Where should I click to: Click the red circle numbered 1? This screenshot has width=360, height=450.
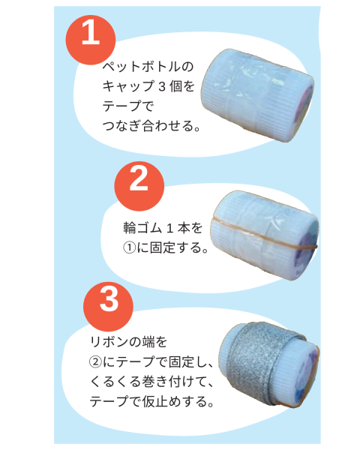point(91,40)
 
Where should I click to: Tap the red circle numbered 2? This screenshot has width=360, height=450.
point(139,186)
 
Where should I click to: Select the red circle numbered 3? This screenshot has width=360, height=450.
point(108,307)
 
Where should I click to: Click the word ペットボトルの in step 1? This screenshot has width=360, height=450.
point(148,67)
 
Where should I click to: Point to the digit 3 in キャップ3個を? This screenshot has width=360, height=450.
point(162,87)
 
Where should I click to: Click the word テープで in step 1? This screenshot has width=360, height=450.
point(128,106)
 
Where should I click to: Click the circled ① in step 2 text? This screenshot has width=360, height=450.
point(129,247)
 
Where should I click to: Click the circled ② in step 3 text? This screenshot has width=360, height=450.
point(95,362)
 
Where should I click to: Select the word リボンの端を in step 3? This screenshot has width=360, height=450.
point(128,342)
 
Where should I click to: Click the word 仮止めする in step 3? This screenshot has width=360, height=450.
point(175,401)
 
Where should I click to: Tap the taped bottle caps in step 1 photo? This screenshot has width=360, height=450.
point(257,95)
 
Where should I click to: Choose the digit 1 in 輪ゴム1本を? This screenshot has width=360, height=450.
point(169,228)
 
